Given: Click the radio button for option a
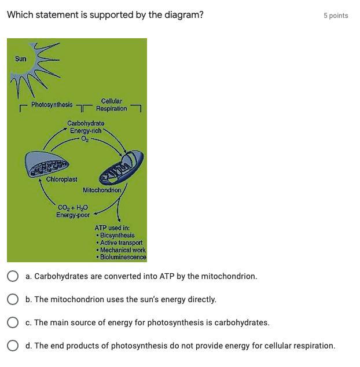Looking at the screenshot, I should tap(12, 276).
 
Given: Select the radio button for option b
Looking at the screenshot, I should tap(12, 299).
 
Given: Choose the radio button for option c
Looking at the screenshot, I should tap(12, 322).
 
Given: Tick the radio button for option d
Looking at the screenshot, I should tap(12, 346).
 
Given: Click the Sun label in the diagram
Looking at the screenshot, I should tap(21, 58).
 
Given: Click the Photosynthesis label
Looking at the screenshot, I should tap(52, 105).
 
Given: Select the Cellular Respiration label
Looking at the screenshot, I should tap(112, 105).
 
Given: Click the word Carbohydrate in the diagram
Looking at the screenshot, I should tap(86, 123).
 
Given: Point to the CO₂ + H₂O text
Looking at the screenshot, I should tap(73, 208).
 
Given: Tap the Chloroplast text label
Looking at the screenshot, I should tap(62, 179).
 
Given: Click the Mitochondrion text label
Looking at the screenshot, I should tap(102, 190).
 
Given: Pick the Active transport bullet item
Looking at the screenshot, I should tap(120, 243).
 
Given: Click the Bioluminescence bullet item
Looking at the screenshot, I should tap(122, 257).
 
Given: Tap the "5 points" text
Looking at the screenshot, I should tap(336, 16).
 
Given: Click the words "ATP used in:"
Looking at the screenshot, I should tap(112, 228).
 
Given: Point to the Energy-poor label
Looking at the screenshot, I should tap(73, 215).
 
